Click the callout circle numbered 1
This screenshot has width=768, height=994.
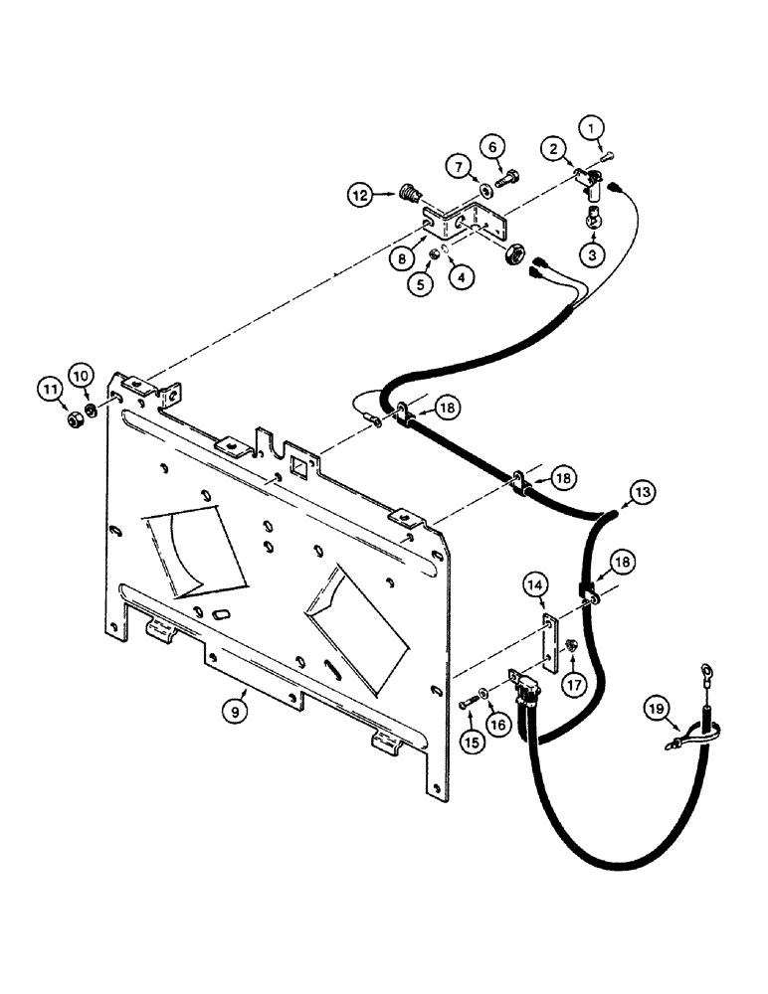click(x=593, y=127)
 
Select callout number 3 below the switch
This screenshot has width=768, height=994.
click(x=593, y=255)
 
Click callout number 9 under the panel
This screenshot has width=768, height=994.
click(x=236, y=710)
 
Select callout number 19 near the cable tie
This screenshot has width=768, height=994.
click(x=682, y=709)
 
